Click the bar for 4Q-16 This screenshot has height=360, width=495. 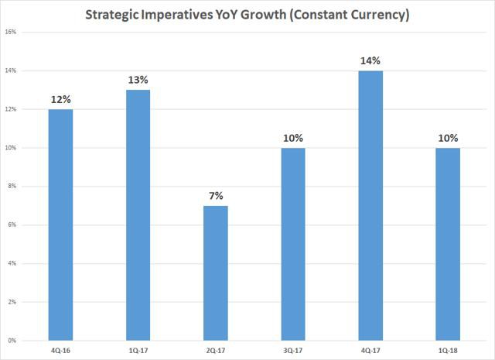[x=60, y=225]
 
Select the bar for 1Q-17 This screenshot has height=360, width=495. [x=138, y=215]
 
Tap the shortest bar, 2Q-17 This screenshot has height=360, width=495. [x=215, y=273]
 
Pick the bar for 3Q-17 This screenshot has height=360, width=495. [x=292, y=244]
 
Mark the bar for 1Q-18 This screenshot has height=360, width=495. [x=447, y=244]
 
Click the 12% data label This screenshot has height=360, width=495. [x=60, y=99]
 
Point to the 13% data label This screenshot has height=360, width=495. [x=138, y=81]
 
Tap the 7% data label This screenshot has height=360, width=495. [x=215, y=196]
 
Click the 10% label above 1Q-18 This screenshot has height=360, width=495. [x=447, y=138]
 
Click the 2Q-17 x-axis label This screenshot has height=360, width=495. [x=215, y=349]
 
